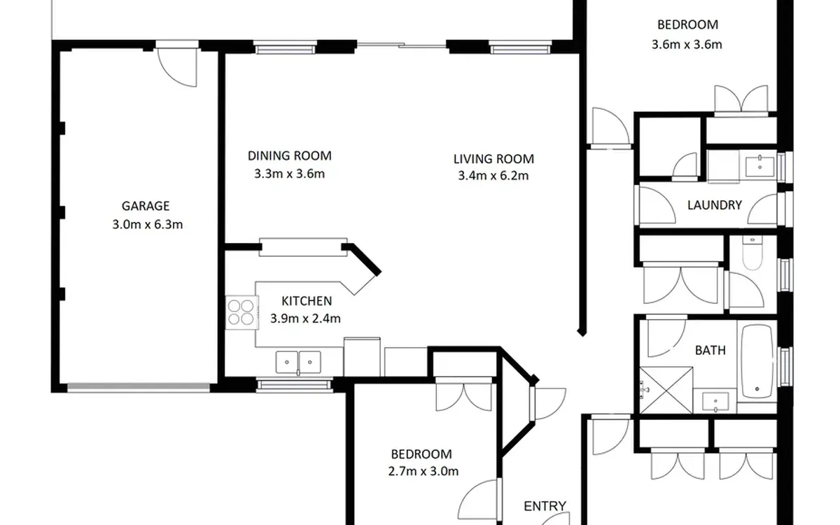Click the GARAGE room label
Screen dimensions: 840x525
tap(146, 206)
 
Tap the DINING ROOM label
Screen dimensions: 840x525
tap(290, 155)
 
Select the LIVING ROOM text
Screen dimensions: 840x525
tap(493, 159)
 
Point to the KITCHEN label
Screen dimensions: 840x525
tap(307, 301)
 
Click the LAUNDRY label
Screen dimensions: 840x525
tap(715, 205)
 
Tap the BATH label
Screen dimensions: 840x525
tap(710, 350)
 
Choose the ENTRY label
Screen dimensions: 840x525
tap(545, 506)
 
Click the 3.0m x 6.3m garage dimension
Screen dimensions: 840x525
tap(148, 225)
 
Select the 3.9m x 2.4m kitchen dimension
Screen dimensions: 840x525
tap(305, 318)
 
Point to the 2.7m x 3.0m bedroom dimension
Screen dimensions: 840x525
tap(423, 471)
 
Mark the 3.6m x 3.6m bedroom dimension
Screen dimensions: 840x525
tap(687, 45)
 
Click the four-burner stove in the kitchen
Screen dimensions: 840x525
tap(242, 313)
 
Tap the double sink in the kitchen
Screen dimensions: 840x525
tap(298, 363)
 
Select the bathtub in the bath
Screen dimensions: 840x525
tap(757, 360)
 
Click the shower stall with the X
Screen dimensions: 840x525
tap(666, 391)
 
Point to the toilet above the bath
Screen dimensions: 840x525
tap(752, 253)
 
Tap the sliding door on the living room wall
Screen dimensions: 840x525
tap(401, 45)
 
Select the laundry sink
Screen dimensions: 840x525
tap(759, 167)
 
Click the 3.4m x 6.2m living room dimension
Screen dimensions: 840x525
tap(493, 176)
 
